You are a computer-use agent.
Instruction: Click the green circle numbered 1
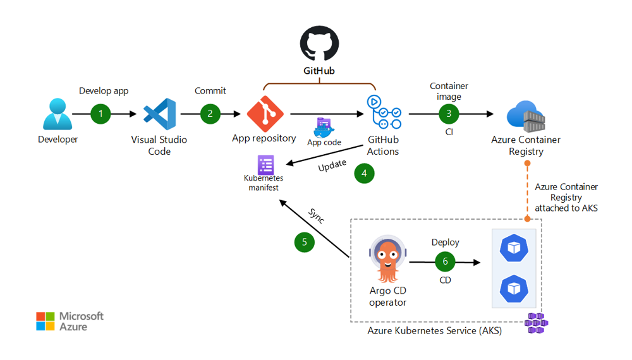(x=100, y=114)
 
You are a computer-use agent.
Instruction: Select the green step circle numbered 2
(x=210, y=114)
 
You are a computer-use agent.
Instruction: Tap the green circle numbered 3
(x=449, y=114)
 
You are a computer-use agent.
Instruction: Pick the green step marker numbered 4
(x=364, y=173)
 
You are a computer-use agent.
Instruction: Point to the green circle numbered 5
(x=305, y=242)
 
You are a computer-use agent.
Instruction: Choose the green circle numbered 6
(x=445, y=261)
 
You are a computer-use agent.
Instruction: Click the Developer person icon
(x=58, y=114)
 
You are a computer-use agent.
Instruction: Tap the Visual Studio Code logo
(x=159, y=114)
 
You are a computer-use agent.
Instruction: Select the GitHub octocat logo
(x=319, y=44)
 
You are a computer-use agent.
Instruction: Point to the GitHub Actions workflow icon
(x=383, y=112)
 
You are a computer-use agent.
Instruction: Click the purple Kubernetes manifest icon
(x=265, y=165)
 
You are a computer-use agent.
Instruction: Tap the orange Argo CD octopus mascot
(x=387, y=260)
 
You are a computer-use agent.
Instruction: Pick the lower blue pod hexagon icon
(x=514, y=288)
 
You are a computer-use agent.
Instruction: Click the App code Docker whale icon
(x=324, y=128)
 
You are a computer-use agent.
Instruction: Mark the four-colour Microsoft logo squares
(x=46, y=321)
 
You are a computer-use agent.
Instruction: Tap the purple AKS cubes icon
(x=537, y=323)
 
